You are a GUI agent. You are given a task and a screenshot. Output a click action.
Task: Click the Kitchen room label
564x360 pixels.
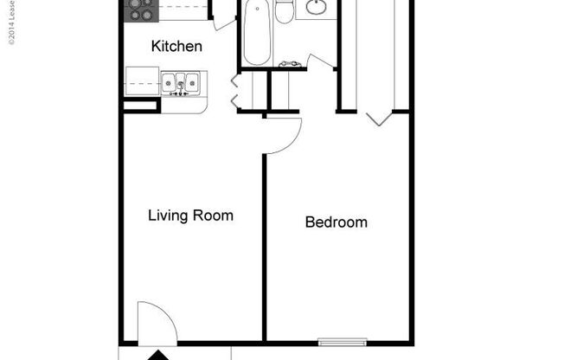click(176, 46)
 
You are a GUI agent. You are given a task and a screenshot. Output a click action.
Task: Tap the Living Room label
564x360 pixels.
click(190, 215)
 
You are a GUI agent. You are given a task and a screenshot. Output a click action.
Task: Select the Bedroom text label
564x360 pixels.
click(336, 222)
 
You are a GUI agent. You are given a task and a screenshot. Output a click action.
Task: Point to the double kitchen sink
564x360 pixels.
click(181, 82)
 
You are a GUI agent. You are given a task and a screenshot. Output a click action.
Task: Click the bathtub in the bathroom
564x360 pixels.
click(256, 33)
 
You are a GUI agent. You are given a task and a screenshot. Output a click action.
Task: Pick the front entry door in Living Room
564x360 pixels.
click(157, 322)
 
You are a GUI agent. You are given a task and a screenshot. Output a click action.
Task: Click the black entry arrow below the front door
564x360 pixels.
click(157, 355)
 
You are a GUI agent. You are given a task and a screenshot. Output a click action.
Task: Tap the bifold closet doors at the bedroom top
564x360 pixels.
click(378, 118)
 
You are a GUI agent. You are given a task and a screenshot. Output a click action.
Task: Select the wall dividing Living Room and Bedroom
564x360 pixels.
click(264, 242)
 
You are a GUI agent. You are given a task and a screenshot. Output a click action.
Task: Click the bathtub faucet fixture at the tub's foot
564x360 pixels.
click(290, 64)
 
